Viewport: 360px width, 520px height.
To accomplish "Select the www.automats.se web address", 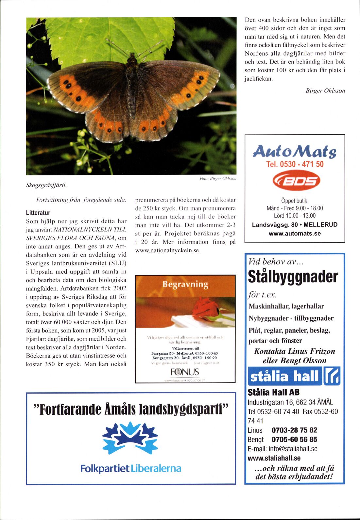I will [295, 234].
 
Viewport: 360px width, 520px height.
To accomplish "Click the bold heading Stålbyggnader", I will [293, 277].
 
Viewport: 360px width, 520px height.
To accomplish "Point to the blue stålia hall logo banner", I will [294, 376].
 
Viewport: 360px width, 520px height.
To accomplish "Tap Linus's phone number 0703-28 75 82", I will [294, 430].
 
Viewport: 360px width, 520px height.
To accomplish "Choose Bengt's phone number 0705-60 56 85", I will [294, 439].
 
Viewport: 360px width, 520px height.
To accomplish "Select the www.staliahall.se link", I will [274, 458].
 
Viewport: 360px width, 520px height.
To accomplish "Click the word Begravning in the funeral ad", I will [185, 284].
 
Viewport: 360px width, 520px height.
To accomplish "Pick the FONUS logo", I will [185, 372].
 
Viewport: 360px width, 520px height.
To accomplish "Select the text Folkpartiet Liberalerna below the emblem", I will [130, 469].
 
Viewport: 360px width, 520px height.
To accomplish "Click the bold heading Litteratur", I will [38, 213].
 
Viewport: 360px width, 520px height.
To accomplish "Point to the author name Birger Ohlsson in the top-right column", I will [325, 91].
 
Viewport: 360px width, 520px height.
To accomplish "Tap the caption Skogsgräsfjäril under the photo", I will [46, 185].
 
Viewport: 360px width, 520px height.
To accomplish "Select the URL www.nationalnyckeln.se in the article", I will [168, 250].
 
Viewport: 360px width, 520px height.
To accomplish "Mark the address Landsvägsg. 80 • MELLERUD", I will [295, 225].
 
